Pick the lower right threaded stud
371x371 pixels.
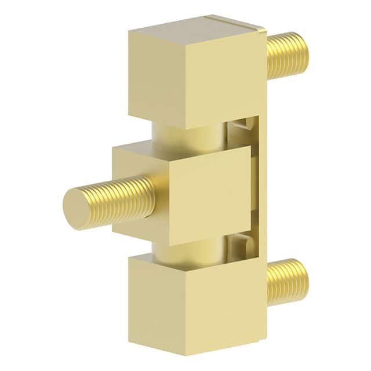[x=288, y=281]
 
